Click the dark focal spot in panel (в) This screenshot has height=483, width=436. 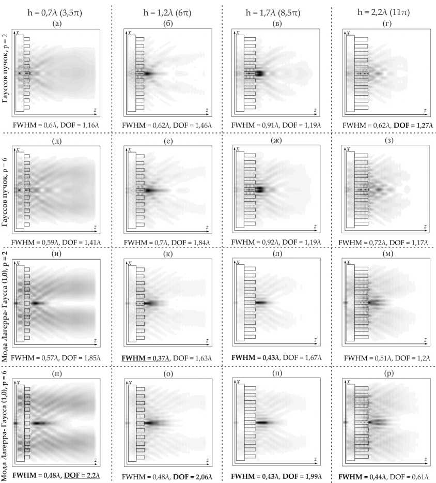[258, 74]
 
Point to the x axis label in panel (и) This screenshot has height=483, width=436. [18, 264]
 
